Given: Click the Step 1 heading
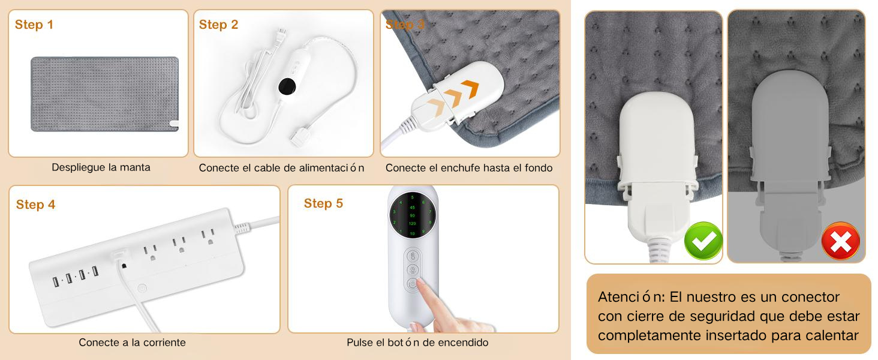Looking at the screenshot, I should (x=34, y=25).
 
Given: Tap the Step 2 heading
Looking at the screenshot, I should (x=219, y=25).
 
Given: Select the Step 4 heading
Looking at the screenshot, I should (x=36, y=205).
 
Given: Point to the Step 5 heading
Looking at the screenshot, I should (x=323, y=203).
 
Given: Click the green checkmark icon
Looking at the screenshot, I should (x=703, y=241).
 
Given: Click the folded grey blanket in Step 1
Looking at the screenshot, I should (x=104, y=94).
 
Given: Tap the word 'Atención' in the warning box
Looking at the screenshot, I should (x=624, y=297).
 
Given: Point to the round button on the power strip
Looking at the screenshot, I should (x=142, y=288).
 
